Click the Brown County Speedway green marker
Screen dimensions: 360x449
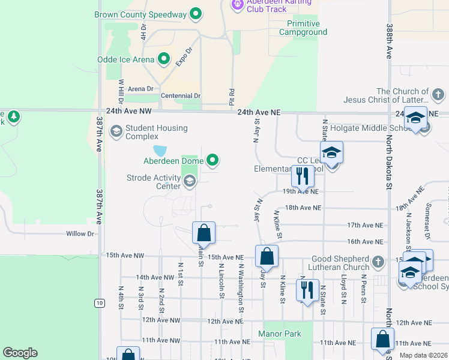(x=195, y=13)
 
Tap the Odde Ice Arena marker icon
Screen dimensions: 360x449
(x=163, y=59)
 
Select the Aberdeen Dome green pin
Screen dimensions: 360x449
(x=212, y=160)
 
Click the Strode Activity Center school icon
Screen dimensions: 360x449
(x=190, y=181)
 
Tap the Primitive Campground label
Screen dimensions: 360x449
(x=303, y=28)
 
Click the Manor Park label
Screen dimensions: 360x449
(x=279, y=333)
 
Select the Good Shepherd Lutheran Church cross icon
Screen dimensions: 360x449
(x=377, y=262)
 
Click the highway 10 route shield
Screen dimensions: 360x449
(x=99, y=303)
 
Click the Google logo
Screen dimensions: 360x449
(x=20, y=353)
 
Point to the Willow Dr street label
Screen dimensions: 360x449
(x=80, y=234)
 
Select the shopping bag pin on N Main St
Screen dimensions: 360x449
(x=203, y=234)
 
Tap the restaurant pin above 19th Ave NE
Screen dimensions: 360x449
(x=303, y=176)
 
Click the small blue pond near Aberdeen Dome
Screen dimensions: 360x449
(x=160, y=151)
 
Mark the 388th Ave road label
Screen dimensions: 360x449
(x=390, y=41)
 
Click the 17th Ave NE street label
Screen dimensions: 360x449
(x=365, y=225)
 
